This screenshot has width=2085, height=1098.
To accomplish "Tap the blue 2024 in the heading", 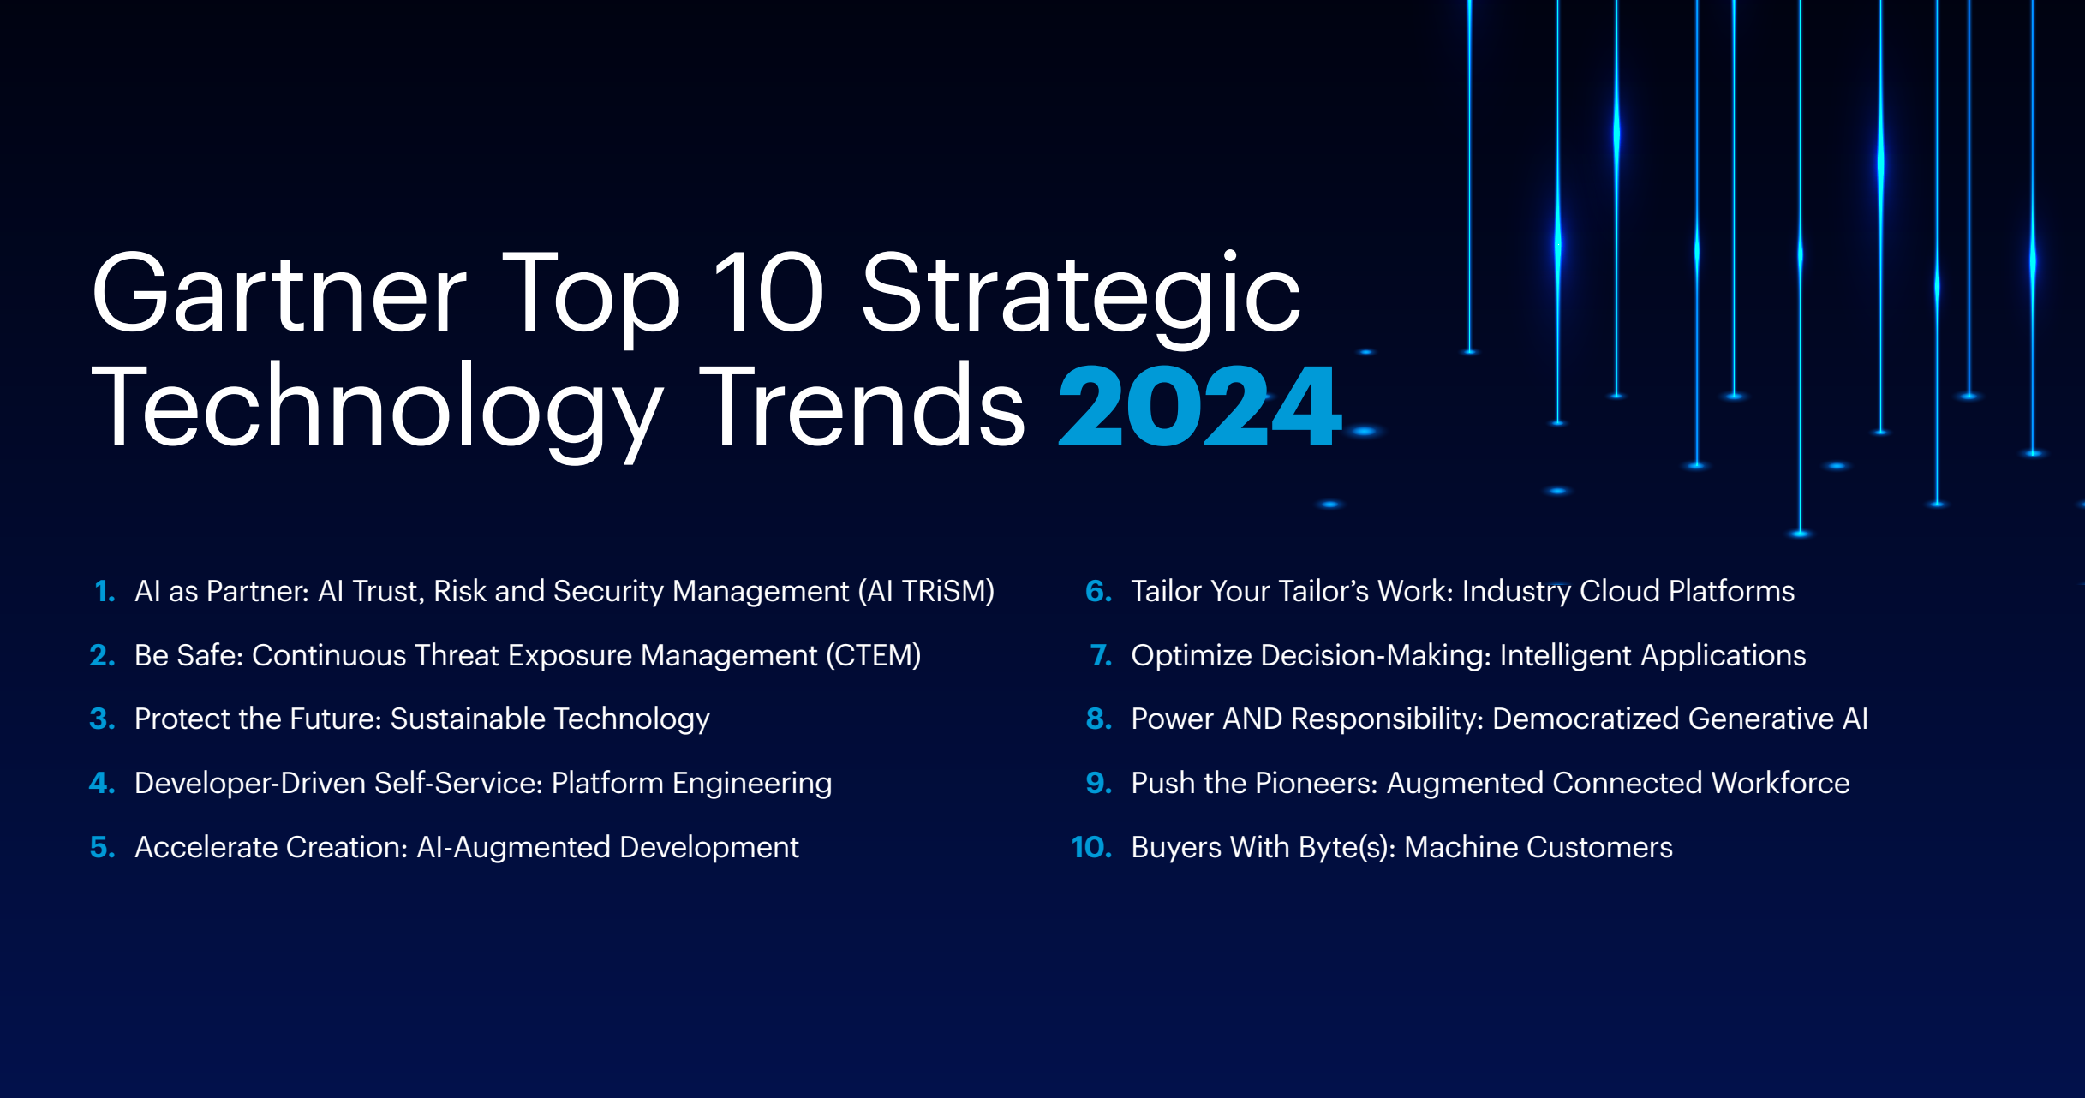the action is coord(1199,406).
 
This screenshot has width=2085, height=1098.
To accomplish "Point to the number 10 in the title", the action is coord(768,291).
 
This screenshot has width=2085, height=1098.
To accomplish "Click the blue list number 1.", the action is coord(105,591).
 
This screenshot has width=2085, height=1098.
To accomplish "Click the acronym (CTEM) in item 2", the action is coord(874,655).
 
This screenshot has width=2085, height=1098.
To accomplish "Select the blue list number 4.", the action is coord(102,783).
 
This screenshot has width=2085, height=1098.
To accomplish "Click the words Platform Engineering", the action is coord(691,784).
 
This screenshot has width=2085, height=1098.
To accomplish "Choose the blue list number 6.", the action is coord(1098,591).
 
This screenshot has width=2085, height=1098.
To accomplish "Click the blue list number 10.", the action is coord(1091,847).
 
